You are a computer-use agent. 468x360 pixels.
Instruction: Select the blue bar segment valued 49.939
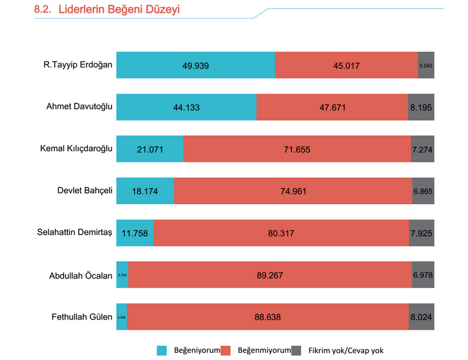pyautogui.click(x=196, y=65)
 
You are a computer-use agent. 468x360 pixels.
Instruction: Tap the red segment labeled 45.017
pyautogui.click(x=346, y=65)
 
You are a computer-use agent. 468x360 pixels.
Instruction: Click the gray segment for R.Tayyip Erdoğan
pyautogui.click(x=426, y=65)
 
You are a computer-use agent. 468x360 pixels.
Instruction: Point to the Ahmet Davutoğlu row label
pyautogui.click(x=79, y=107)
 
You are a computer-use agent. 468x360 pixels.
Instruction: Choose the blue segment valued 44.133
pyautogui.click(x=186, y=107)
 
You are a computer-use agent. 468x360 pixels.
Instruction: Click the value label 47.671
pyautogui.click(x=332, y=107)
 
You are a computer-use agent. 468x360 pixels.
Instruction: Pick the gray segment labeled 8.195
pyautogui.click(x=421, y=107)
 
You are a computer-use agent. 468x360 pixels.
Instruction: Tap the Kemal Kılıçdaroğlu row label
pyautogui.click(x=76, y=149)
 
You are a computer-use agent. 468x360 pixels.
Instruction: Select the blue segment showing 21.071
pyautogui.click(x=149, y=149)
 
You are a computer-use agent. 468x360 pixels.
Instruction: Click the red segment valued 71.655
pyautogui.click(x=297, y=149)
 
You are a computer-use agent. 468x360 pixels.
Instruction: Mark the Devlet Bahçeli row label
pyautogui.click(x=85, y=190)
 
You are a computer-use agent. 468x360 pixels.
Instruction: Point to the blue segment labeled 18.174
pyautogui.click(x=145, y=191)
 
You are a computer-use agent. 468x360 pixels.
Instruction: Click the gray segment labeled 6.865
pyautogui.click(x=423, y=191)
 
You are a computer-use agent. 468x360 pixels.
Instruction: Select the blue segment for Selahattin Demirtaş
pyautogui.click(x=135, y=233)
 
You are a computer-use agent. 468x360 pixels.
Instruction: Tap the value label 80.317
pyautogui.click(x=281, y=234)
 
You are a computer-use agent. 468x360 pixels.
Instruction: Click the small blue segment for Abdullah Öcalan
pyautogui.click(x=122, y=275)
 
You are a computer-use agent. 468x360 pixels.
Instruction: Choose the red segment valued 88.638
pyautogui.click(x=268, y=316)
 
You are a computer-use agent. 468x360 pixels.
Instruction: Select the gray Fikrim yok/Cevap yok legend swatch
pyautogui.click(x=296, y=350)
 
